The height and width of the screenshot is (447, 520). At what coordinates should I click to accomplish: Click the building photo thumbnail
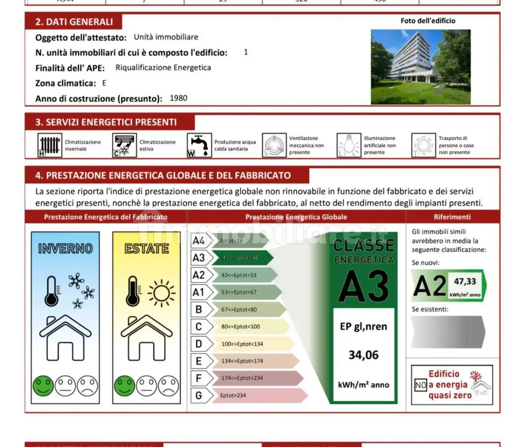(420, 67)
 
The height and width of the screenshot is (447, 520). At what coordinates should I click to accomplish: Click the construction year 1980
(178, 98)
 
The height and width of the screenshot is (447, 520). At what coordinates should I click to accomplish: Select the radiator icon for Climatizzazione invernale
(49, 145)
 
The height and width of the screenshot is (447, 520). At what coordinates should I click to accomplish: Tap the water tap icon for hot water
(199, 145)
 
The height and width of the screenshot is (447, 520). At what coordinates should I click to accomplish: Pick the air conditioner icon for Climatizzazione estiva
(124, 145)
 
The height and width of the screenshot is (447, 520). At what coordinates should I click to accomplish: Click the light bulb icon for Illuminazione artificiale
(349, 145)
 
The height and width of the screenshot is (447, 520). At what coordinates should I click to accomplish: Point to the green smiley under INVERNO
(43, 386)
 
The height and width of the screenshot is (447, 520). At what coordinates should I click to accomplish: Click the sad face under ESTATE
(169, 386)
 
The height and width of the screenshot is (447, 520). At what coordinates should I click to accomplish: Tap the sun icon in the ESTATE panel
(161, 293)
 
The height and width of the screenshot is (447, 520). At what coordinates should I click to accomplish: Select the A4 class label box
(199, 241)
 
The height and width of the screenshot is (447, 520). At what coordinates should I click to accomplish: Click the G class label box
(199, 395)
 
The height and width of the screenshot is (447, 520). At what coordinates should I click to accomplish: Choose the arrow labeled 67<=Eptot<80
(247, 309)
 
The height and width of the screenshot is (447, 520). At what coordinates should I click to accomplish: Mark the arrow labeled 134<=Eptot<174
(253, 361)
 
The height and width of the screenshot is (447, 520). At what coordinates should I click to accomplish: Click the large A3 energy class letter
(363, 286)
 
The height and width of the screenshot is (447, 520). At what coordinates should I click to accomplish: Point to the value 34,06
(363, 355)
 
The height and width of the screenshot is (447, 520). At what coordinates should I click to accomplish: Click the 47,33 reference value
(465, 281)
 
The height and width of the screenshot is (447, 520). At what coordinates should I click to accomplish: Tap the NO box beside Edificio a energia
(420, 385)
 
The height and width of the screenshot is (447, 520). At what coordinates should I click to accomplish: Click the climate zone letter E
(104, 83)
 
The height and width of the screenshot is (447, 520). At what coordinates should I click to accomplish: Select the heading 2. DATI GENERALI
(74, 22)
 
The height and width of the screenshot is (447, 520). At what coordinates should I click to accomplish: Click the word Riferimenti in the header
(452, 217)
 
